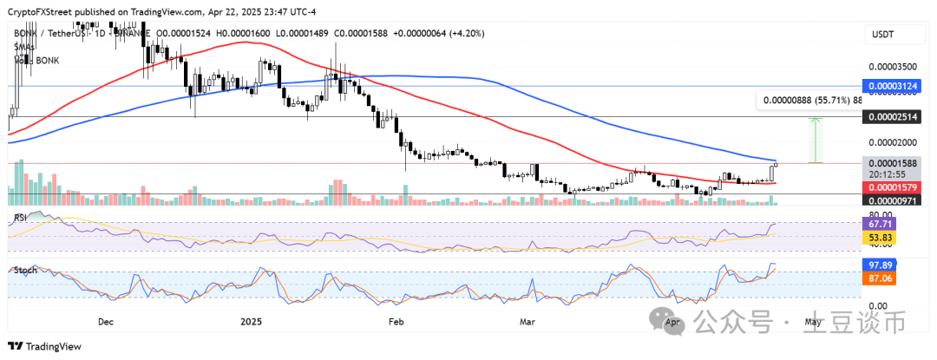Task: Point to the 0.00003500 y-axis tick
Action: click(x=893, y=66)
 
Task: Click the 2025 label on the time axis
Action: click(x=251, y=320)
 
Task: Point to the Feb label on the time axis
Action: click(x=395, y=320)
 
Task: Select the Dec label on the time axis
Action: click(x=105, y=320)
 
